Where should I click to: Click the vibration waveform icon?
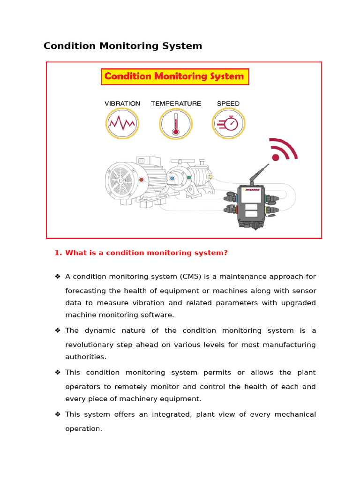[122, 124]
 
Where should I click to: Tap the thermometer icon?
[176, 124]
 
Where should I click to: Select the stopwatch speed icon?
[228, 124]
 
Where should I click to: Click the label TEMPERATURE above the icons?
[176, 104]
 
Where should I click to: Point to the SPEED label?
[228, 104]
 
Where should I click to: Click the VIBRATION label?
[122, 104]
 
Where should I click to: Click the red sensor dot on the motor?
[141, 180]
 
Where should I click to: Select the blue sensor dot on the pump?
[172, 178]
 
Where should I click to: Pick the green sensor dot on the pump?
[189, 178]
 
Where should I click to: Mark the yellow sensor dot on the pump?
[210, 177]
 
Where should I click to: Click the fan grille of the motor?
[118, 180]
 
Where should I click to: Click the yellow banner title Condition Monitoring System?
[174, 76]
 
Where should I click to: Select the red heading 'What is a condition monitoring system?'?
[146, 253]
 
